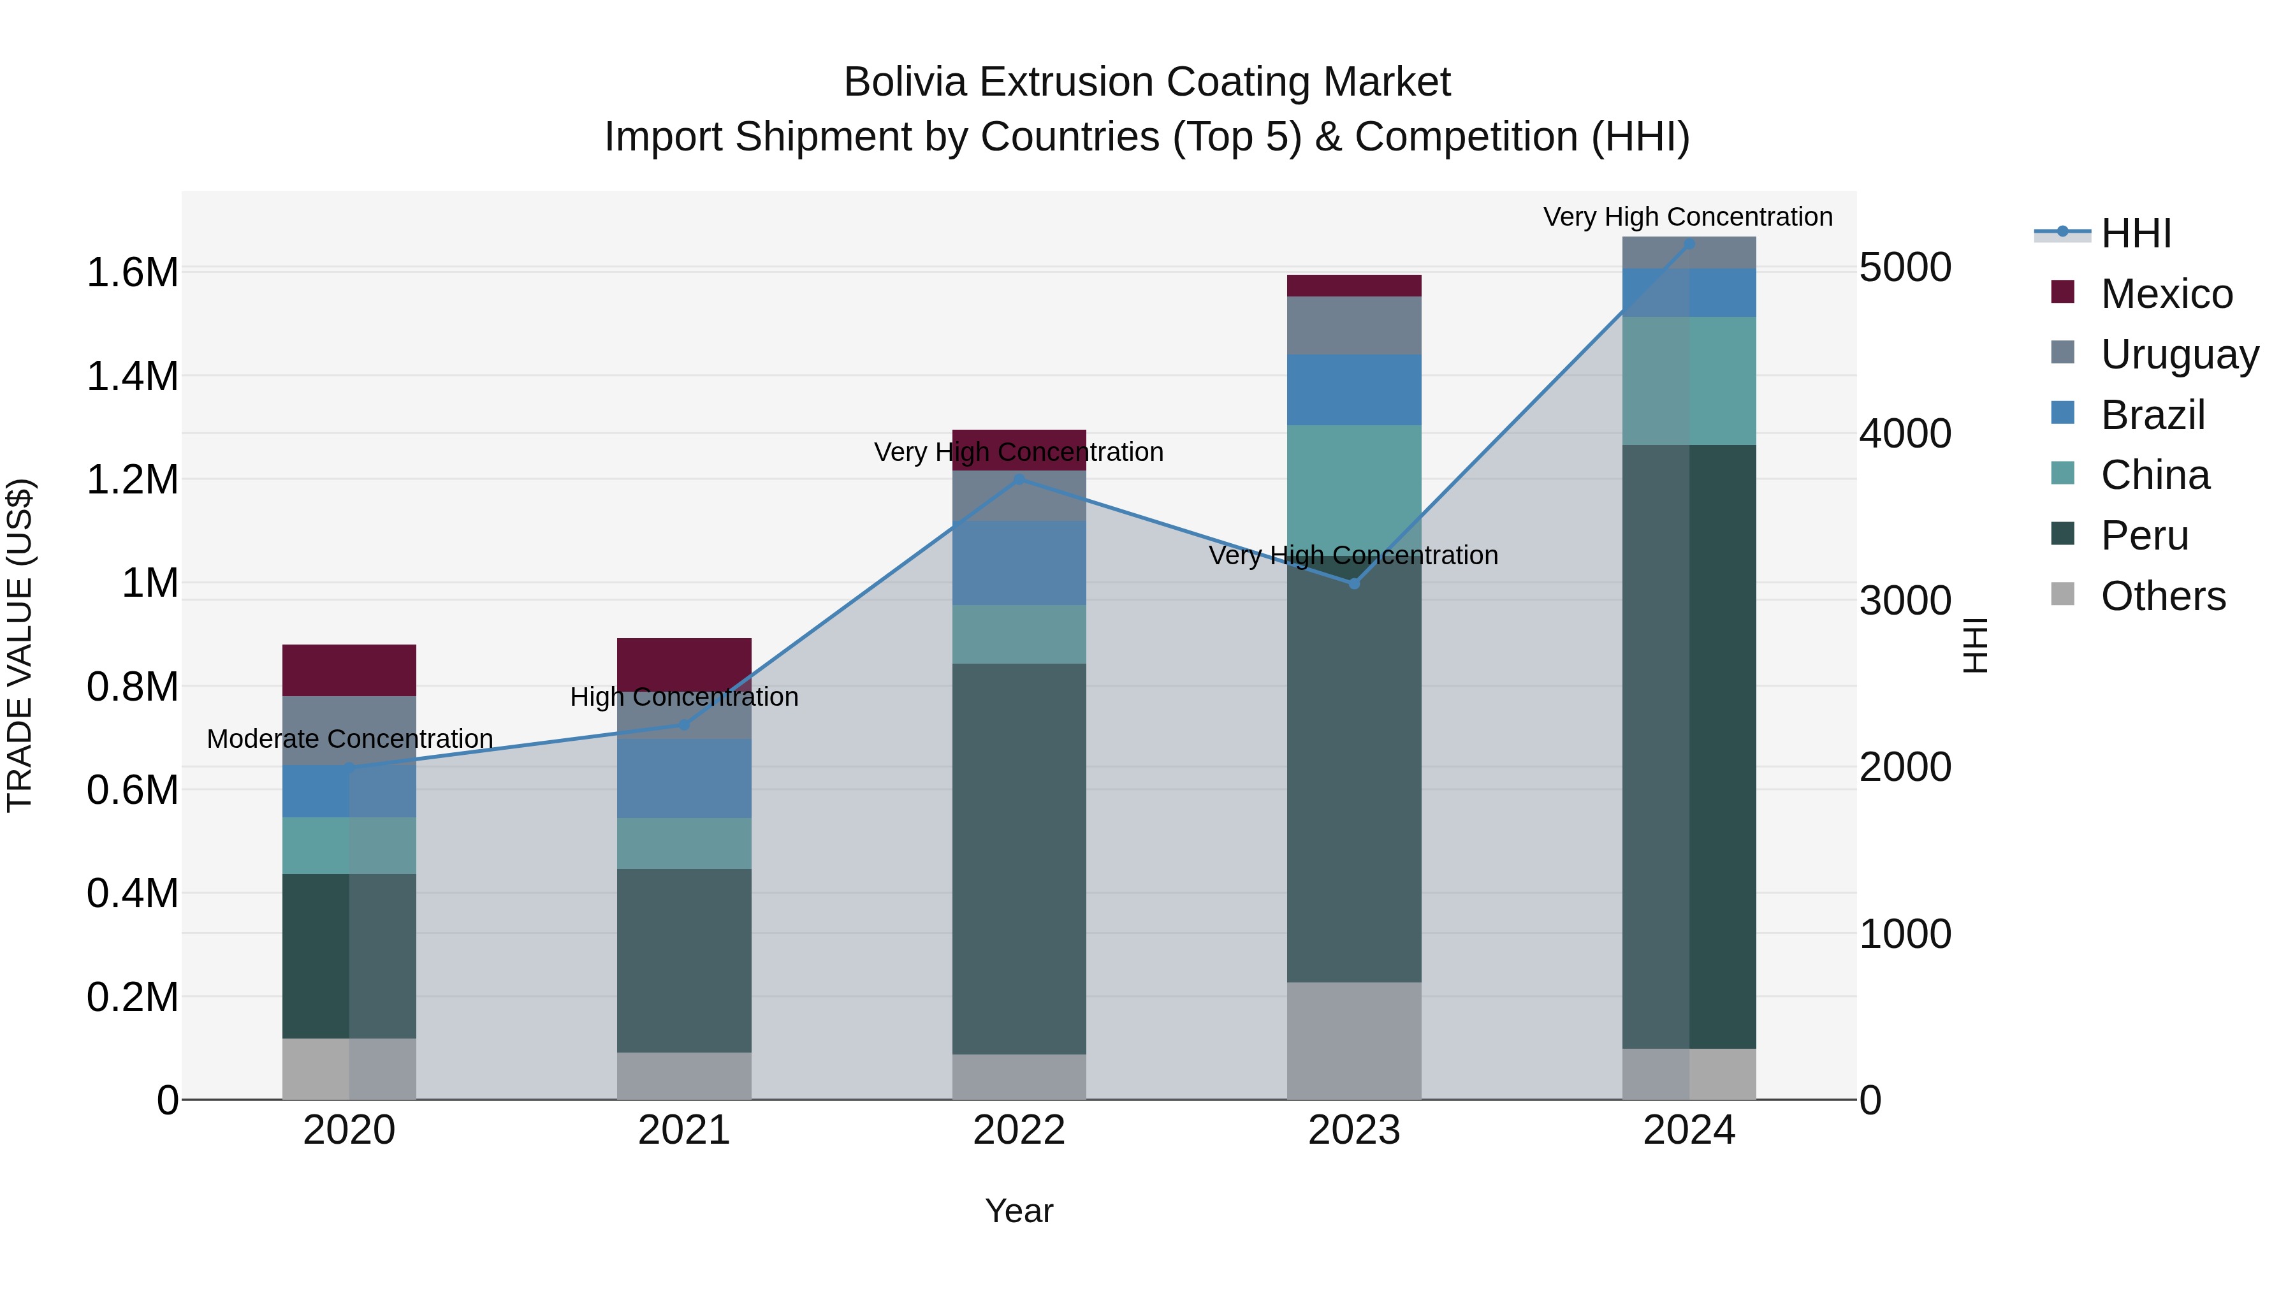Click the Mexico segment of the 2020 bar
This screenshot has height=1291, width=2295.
click(349, 670)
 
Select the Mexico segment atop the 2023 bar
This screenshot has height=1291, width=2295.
click(1353, 285)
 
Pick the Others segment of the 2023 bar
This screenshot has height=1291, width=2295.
click(1353, 1040)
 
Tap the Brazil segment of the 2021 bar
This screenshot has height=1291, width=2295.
click(684, 778)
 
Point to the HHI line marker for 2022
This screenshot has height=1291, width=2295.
click(1020, 479)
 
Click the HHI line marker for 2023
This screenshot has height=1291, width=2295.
click(1354, 583)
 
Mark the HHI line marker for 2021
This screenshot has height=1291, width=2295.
click(684, 726)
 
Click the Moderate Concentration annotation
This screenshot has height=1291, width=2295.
click(349, 739)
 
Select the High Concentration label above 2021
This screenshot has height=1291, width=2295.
click(684, 697)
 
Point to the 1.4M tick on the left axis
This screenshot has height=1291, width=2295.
click(132, 376)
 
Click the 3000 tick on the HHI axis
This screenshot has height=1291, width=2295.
click(1905, 601)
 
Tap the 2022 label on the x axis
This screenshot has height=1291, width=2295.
click(1019, 1130)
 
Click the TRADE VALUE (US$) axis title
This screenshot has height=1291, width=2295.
click(20, 645)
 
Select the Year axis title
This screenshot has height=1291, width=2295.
click(1019, 1211)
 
